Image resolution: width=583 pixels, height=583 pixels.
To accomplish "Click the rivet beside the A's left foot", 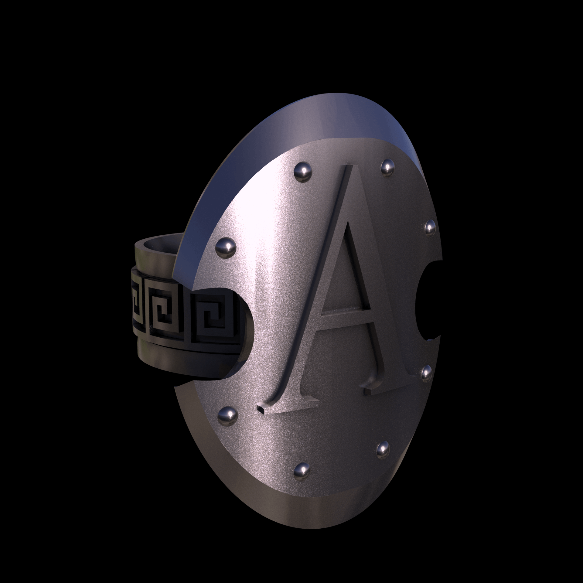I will (x=228, y=414).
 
